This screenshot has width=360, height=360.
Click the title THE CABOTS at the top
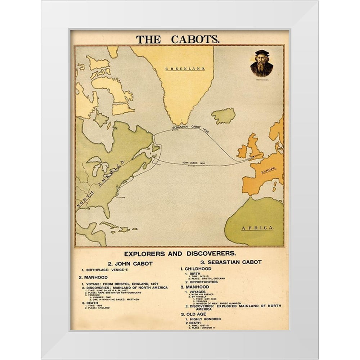(177, 39)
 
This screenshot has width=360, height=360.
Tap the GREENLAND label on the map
(185, 68)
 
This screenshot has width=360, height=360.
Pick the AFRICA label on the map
(257, 228)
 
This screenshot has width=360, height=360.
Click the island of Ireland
(242, 151)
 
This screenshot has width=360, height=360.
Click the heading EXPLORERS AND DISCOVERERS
(180, 253)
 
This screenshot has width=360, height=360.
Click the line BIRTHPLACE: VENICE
(106, 270)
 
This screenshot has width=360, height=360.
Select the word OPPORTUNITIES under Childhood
(204, 282)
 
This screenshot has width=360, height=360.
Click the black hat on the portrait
(262, 53)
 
